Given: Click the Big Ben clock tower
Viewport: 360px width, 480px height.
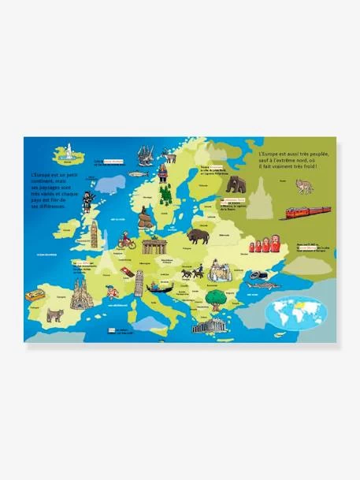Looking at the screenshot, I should (x=94, y=233).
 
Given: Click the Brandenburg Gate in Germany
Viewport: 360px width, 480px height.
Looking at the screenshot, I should (x=154, y=244).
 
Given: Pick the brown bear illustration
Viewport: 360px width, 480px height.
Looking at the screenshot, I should (x=236, y=186).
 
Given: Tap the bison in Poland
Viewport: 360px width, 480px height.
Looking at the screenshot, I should (x=199, y=236).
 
